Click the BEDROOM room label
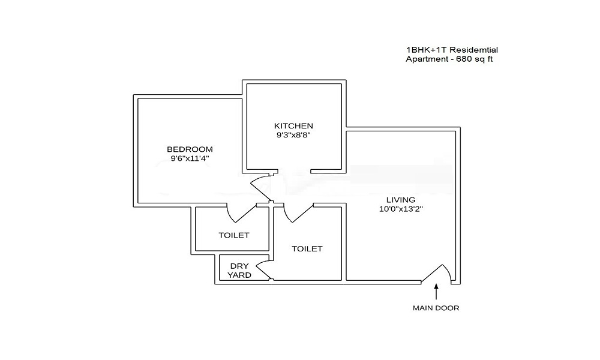pyautogui.click(x=190, y=149)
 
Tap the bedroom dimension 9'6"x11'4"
pyautogui.click(x=190, y=158)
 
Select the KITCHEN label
pyautogui.click(x=293, y=126)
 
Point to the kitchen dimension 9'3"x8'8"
pyautogui.click(x=293, y=136)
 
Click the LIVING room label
pyautogui.click(x=401, y=200)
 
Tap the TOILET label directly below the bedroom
pyautogui.click(x=233, y=235)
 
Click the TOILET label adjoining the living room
pyautogui.click(x=307, y=248)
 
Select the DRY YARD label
pyautogui.click(x=239, y=270)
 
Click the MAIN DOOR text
pyautogui.click(x=436, y=308)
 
